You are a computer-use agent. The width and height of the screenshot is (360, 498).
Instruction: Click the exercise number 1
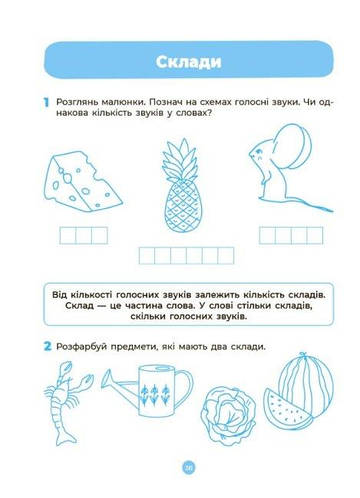pos(46,102)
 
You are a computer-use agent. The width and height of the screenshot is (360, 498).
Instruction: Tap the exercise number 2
pos(46,345)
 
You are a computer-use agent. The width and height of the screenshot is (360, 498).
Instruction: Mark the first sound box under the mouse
pos(268,235)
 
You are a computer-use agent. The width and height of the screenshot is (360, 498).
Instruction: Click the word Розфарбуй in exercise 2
pos(84,346)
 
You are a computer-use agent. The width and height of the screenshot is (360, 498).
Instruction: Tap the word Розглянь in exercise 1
pos(81,102)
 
